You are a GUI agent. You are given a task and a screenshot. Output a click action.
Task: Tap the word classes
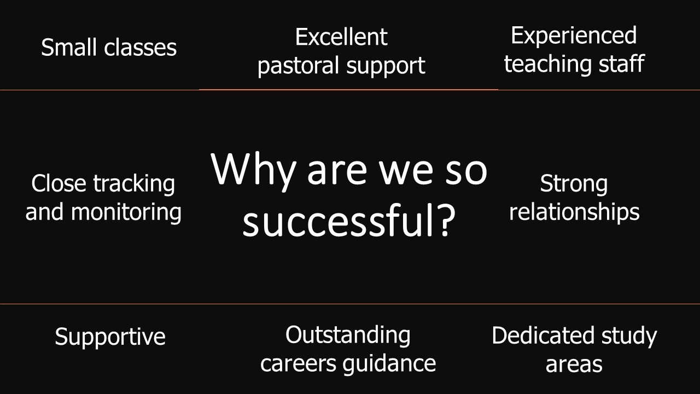[x=141, y=47]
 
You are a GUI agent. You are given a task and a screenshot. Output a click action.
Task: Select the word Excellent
[x=341, y=37]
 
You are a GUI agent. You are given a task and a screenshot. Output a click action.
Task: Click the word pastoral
[x=299, y=66]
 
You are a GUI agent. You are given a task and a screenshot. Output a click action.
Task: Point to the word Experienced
[x=574, y=36]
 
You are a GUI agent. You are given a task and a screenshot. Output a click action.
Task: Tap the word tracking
[x=134, y=184]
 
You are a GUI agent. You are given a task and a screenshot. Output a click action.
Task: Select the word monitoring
[x=126, y=212]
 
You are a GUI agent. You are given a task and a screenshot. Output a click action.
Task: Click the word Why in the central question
[x=253, y=170]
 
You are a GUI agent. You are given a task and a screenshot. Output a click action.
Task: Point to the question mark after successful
[x=445, y=219]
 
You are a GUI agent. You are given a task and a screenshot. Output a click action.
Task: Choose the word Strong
[x=574, y=184]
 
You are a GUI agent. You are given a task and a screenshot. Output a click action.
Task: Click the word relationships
[x=574, y=212]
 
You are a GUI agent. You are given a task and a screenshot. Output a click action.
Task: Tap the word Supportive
[x=110, y=337]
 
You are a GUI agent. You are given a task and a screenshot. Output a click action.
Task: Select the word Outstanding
[x=348, y=335]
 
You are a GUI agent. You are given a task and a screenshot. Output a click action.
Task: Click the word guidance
[x=389, y=364]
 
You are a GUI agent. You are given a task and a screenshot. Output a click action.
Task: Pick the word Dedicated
[x=543, y=335]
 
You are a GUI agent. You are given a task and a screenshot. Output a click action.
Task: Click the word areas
[x=574, y=364]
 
